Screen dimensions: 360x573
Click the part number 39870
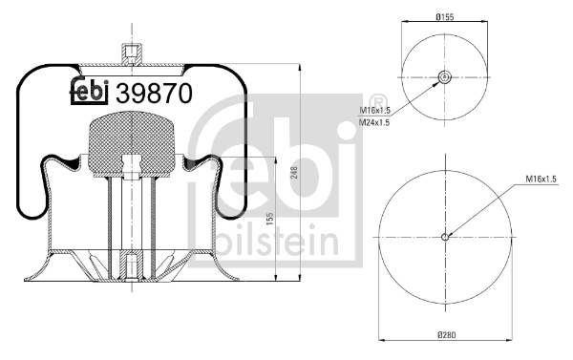[x=154, y=94]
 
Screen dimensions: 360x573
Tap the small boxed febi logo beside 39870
[x=91, y=93]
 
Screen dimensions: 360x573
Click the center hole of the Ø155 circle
[x=444, y=78]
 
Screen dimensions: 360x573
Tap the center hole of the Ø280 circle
[x=446, y=238]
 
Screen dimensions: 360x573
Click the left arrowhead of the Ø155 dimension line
[x=405, y=22]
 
